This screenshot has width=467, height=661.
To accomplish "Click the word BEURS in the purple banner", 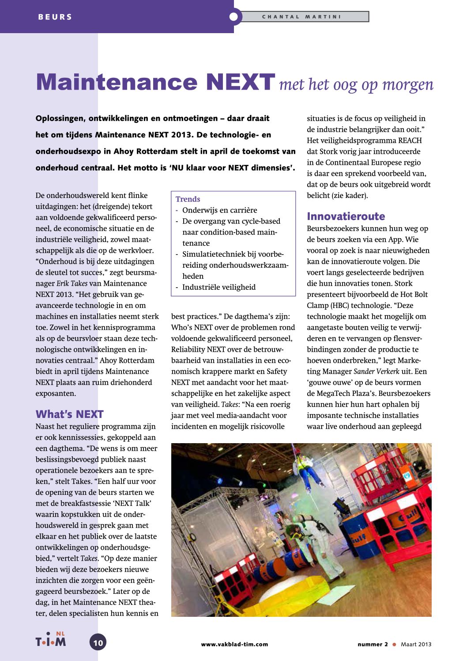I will tap(55, 17).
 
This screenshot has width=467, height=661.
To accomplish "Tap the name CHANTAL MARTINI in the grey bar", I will tap(301, 17).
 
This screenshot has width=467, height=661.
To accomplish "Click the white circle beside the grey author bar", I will tap(234, 17).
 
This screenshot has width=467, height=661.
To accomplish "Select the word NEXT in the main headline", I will tap(241, 82).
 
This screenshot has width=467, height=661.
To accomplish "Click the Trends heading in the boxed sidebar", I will tap(188, 199).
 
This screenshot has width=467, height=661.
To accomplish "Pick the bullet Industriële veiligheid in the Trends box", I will tap(219, 287).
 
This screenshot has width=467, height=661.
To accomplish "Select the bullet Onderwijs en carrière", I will tap(219, 210).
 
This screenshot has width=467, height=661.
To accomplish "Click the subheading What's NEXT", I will tap(69, 414).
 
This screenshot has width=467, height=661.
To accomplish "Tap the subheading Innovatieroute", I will tap(346, 217).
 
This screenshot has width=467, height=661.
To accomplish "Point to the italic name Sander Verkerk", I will tap(376, 372).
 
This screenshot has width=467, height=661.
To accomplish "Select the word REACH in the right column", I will tap(410, 141).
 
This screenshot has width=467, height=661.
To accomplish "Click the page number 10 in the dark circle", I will tap(98, 642).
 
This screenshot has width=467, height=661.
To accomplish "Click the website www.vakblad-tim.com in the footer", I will tap(234, 644).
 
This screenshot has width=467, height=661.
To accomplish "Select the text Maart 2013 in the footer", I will tap(416, 644).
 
